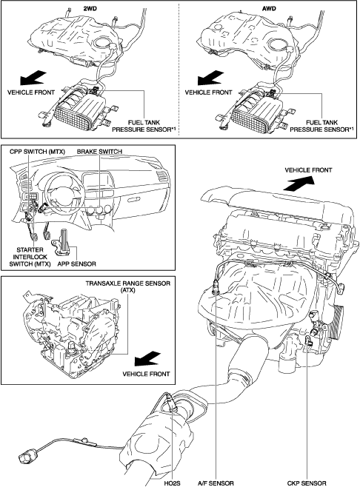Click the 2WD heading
tap(90, 9)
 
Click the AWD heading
tap(269, 9)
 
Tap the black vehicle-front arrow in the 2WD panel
tap(33, 78)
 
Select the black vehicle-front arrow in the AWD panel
tap(210, 78)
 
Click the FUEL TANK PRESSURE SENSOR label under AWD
tap(321, 126)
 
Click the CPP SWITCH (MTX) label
tap(37, 152)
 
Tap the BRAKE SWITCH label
tap(99, 152)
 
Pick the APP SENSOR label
tap(77, 264)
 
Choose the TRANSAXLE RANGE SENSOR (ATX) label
tap(128, 287)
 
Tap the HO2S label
tap(173, 483)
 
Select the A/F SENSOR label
tap(216, 483)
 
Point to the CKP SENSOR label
tap(307, 483)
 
